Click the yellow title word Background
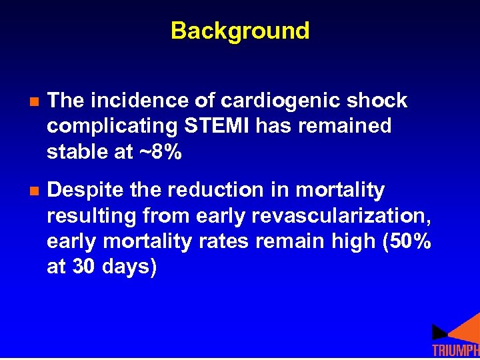coord(240,31)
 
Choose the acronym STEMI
coord(205,126)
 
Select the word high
coord(357,242)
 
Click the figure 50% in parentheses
coord(408,242)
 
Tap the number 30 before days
coord(83,267)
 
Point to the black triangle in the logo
coord(439,331)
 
